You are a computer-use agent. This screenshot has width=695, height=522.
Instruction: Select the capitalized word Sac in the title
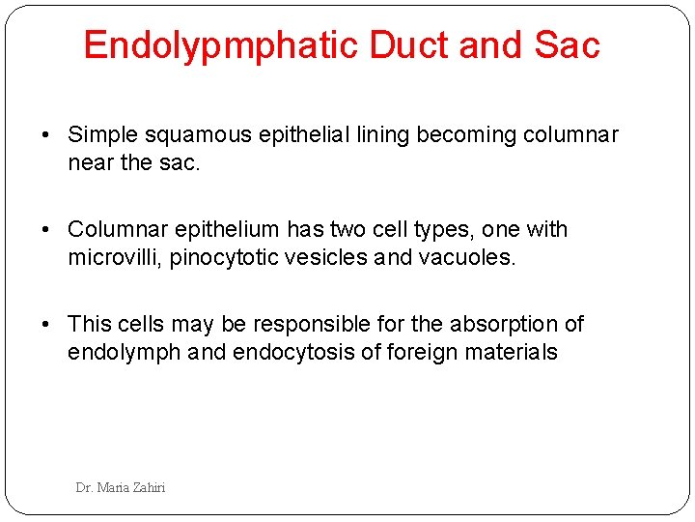tap(569, 45)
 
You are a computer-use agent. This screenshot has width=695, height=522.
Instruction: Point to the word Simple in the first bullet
tap(103, 135)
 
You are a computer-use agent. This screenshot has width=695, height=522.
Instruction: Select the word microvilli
tap(115, 258)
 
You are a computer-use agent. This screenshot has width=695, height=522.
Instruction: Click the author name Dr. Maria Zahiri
tap(121, 488)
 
